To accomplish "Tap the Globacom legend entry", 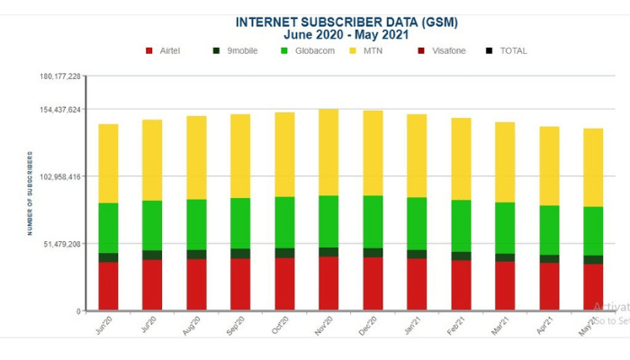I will click(308, 50).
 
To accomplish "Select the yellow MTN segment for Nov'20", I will click(328, 152).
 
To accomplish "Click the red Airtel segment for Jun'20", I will click(109, 286).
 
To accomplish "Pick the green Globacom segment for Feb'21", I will click(461, 225).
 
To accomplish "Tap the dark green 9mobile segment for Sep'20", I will click(240, 254).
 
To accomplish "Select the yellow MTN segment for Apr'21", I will click(549, 166).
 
